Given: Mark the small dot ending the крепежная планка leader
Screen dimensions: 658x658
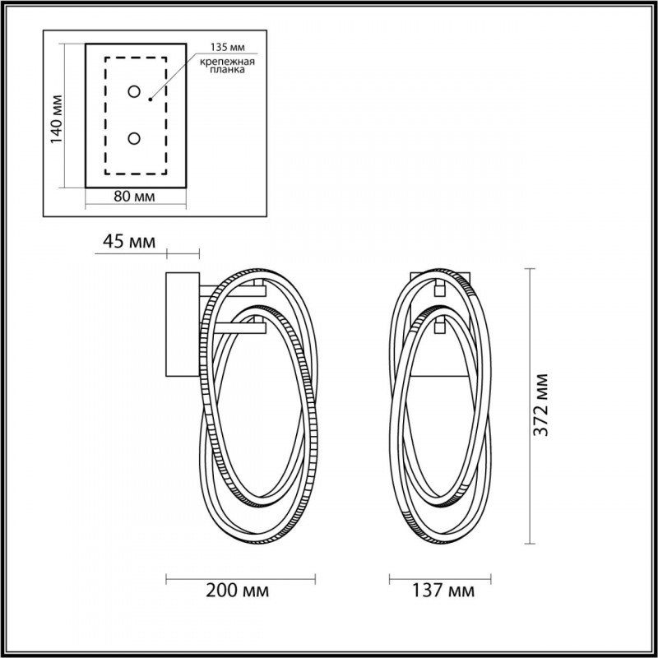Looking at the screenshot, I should click(x=150, y=99).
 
